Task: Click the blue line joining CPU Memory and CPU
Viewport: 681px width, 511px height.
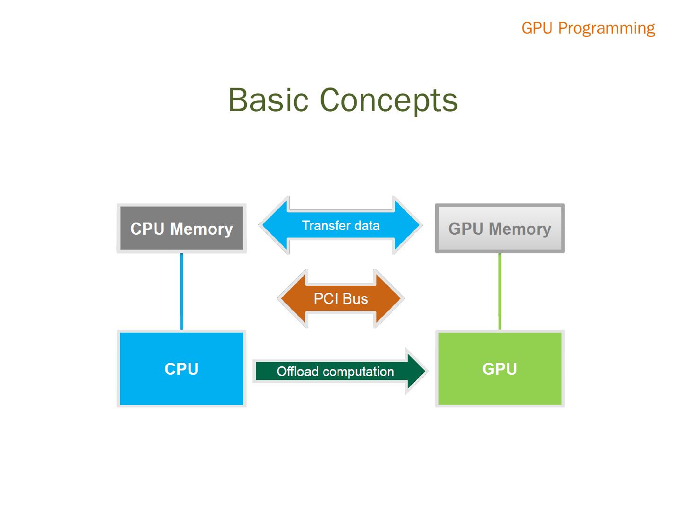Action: [182, 291]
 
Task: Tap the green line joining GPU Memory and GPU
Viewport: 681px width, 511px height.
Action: [500, 291]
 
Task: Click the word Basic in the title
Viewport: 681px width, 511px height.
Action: [268, 100]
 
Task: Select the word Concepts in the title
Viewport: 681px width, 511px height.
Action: [389, 100]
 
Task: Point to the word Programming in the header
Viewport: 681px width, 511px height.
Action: [607, 28]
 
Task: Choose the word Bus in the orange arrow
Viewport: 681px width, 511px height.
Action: [355, 299]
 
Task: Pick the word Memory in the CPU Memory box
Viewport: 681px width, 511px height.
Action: [201, 229]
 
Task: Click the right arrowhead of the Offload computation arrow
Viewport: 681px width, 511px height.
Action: [416, 370]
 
